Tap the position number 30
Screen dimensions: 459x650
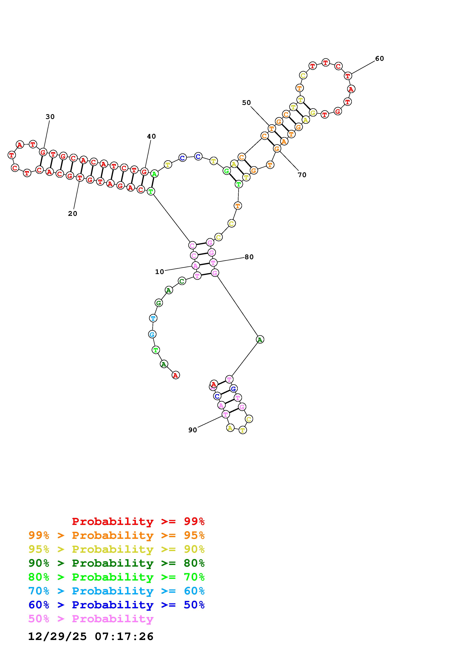[50, 117]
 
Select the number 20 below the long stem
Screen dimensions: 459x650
[72, 214]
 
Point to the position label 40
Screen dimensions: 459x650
[151, 136]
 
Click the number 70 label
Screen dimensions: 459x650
[302, 175]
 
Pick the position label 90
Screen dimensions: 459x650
[192, 430]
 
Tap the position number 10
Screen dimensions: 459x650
[159, 272]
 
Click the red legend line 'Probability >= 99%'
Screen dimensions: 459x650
[138, 521]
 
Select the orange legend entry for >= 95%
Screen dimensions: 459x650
[116, 535]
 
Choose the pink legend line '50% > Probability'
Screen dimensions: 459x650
[91, 619]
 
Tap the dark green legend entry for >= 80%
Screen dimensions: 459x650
[116, 563]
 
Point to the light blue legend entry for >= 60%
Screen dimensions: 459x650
[116, 591]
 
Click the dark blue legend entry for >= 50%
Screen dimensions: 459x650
[116, 605]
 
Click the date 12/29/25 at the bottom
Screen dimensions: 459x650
[57, 636]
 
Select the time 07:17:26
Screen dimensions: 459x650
[124, 636]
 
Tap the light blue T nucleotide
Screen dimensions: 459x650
[153, 318]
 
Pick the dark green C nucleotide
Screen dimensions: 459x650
[182, 281]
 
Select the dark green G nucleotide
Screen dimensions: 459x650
[159, 303]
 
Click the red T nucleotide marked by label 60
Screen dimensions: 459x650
[348, 76]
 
